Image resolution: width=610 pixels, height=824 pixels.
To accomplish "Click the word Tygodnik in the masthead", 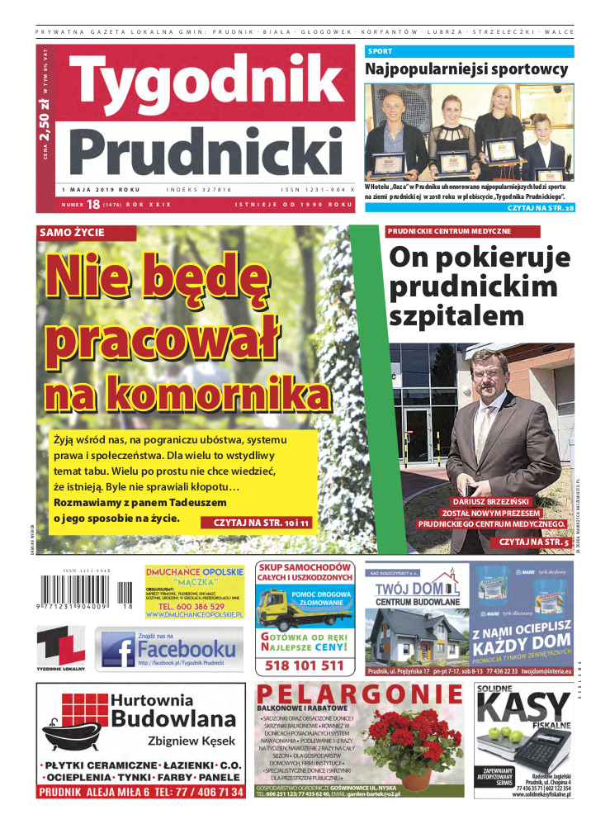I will (206, 87).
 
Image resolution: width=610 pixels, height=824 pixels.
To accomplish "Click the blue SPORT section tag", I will (381, 51).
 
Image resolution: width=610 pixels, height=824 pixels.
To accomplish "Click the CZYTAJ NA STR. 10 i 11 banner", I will (261, 523).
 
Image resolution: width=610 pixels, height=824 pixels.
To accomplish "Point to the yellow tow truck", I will (283, 610).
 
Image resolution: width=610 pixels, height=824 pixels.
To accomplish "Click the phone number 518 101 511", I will (304, 665).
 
